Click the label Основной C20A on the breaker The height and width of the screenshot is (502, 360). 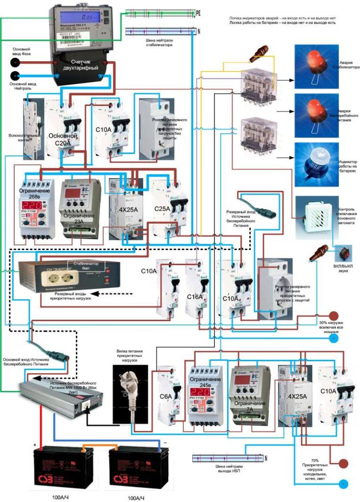pyautogui.click(x=62, y=139)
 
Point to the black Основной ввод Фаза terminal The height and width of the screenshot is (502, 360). pyautogui.click(x=16, y=63)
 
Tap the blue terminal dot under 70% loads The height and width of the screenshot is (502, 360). pyautogui.click(x=345, y=484)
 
